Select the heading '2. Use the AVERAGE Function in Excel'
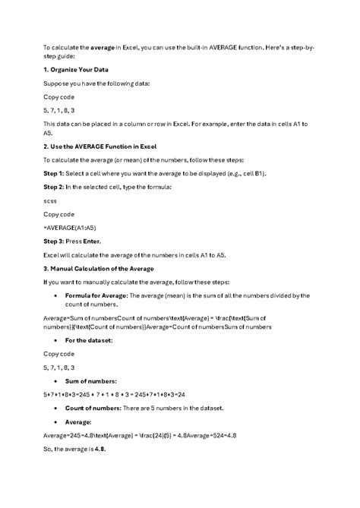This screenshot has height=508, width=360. click(109, 146)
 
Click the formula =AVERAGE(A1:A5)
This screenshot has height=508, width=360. click(70, 227)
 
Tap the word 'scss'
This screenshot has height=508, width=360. click(51, 200)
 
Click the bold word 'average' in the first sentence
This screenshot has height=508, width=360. click(103, 46)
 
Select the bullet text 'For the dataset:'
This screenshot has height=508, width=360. click(90, 340)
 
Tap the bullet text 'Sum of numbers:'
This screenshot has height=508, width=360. click(91, 380)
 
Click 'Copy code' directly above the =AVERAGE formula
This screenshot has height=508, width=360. click(58, 214)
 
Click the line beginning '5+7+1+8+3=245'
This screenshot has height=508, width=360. click(114, 395)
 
